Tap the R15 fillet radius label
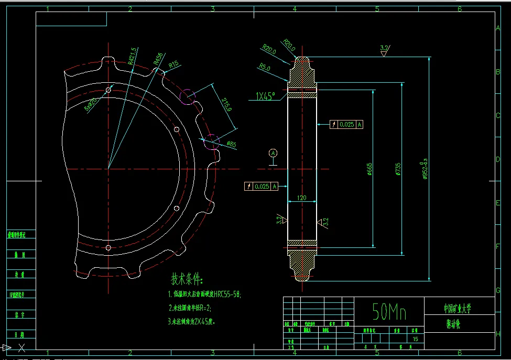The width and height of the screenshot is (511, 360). point(173,65)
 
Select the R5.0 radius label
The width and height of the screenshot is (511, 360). point(265,68)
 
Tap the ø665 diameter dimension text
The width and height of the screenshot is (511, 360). point(370,169)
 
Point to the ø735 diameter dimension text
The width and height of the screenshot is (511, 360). point(398,169)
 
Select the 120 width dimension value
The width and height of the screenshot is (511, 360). point(302,198)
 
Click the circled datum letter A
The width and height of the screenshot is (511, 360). point(273,153)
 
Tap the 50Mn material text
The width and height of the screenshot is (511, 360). point(389,312)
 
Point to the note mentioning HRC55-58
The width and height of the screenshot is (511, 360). point(204,294)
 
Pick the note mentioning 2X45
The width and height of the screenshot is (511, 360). point(192,321)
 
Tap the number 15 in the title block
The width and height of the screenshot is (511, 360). point(416,340)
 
